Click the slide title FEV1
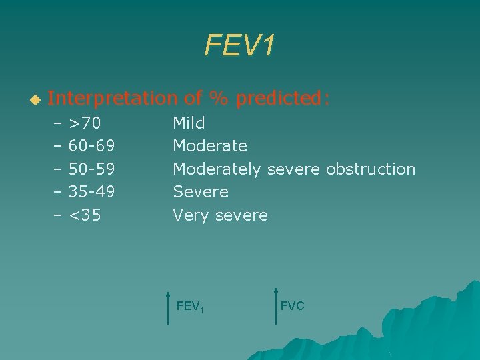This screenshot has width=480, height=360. (x=239, y=46)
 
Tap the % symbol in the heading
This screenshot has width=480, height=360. (x=217, y=99)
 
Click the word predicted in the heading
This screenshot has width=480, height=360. (x=282, y=99)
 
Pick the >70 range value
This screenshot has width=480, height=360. (x=85, y=123)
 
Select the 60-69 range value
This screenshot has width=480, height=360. (x=91, y=146)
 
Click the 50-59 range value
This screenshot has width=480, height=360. (x=91, y=169)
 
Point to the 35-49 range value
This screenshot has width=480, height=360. (x=91, y=192)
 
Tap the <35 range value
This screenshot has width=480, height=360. (x=85, y=215)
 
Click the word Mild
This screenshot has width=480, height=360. (x=189, y=123)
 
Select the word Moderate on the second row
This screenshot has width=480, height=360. (x=210, y=146)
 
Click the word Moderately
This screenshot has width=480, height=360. (x=217, y=169)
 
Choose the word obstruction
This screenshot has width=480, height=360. (x=371, y=169)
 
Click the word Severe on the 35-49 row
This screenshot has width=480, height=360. (x=201, y=192)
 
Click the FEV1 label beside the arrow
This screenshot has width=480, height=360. (x=189, y=307)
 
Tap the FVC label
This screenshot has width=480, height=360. (x=292, y=306)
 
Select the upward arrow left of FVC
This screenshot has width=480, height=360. (x=275, y=305)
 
